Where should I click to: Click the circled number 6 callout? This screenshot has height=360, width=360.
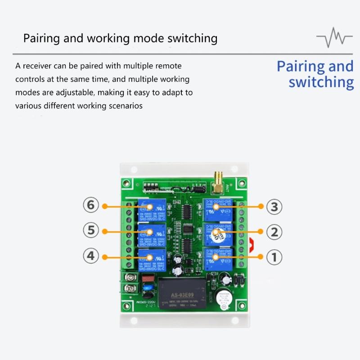[x=91, y=206]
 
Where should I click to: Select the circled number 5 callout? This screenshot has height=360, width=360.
[x=91, y=231]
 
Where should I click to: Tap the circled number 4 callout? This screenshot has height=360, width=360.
[x=91, y=256]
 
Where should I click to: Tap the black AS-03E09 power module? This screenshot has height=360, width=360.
[x=183, y=293]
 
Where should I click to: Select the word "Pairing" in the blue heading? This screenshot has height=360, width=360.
[x=300, y=66]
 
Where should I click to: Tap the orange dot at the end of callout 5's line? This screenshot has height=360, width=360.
[x=105, y=231]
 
